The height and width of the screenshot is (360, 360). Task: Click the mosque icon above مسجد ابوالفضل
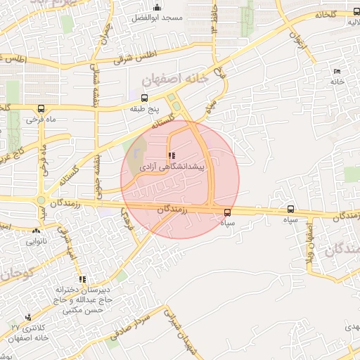[x=156, y=7]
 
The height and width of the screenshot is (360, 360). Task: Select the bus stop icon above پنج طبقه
[x=145, y=98]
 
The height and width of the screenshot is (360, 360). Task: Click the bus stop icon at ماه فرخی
[x=41, y=109]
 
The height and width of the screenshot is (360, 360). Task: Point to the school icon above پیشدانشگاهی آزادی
[x=171, y=156]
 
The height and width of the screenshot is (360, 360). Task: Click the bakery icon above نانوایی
[x=37, y=230]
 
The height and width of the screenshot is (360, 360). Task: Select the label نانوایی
[x=37, y=241]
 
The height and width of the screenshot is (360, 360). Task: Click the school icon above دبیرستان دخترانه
[x=83, y=279]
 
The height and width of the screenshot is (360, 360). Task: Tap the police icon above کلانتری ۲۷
[x=28, y=318]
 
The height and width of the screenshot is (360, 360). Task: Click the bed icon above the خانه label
[x=337, y=72]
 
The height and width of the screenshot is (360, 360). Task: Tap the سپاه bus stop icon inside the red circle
[x=227, y=212]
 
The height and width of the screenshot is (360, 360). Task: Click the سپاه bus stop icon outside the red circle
[x=291, y=209]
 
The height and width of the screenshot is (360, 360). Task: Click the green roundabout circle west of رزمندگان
[x=41, y=200]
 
